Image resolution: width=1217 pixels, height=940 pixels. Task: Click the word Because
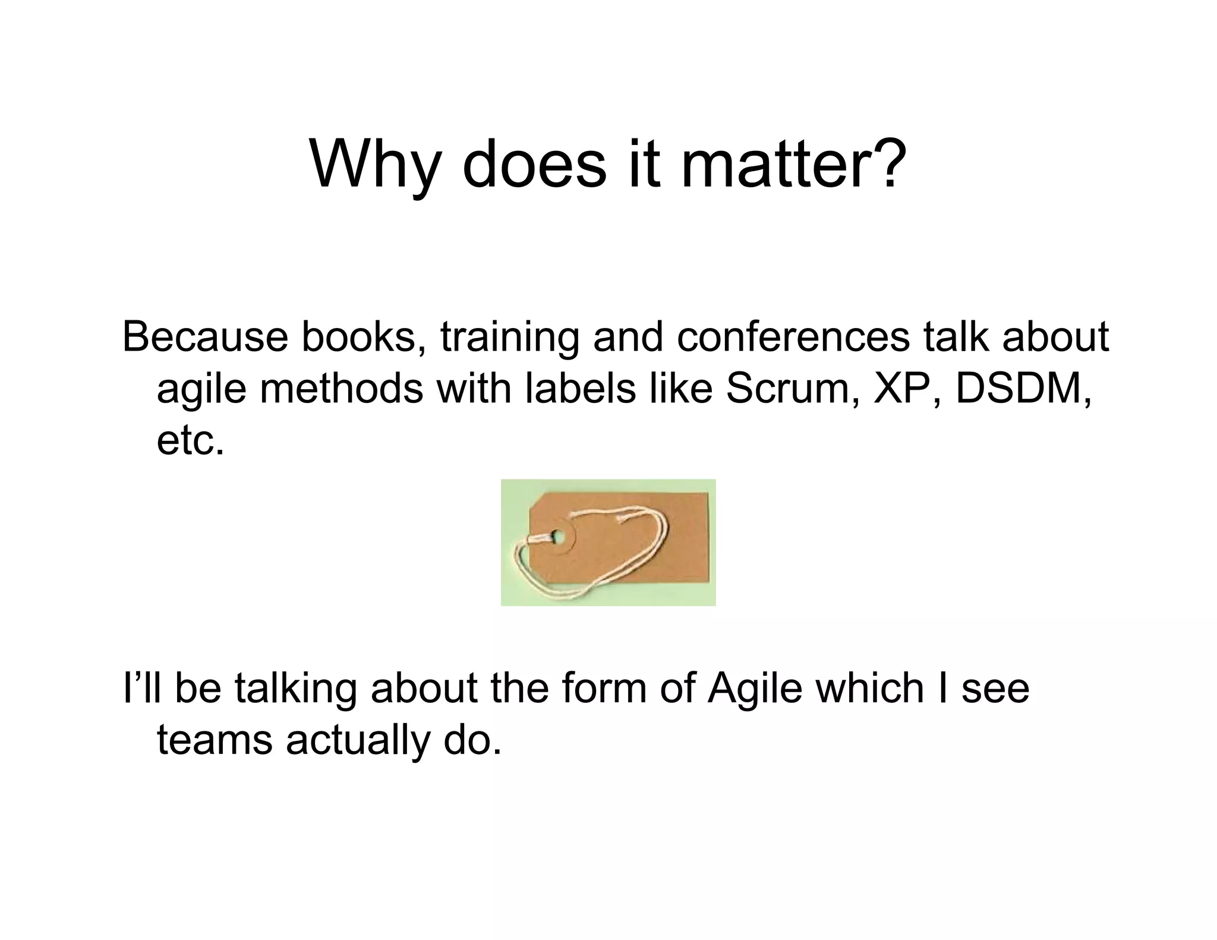click(x=205, y=337)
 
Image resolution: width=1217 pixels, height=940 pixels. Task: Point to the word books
click(x=364, y=337)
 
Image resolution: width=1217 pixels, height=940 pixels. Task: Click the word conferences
click(x=793, y=337)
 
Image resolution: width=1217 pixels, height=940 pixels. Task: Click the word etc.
click(x=191, y=441)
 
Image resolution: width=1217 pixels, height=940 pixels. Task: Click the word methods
click(x=342, y=389)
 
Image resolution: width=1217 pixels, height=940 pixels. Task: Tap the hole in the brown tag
click(x=558, y=537)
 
